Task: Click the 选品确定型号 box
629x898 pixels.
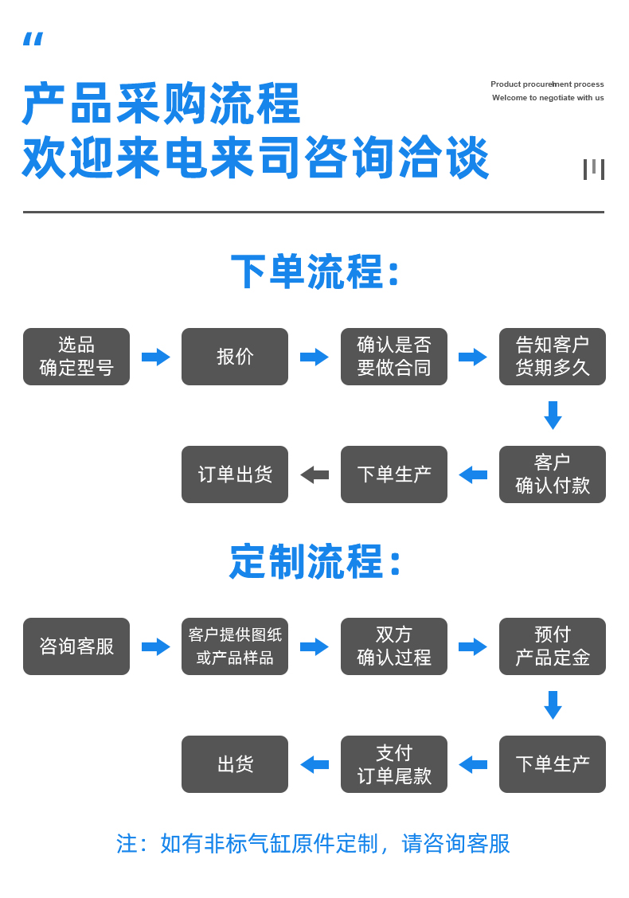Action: click(x=76, y=357)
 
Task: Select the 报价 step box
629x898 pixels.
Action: click(x=235, y=357)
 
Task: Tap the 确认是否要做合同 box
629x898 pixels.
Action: click(x=394, y=357)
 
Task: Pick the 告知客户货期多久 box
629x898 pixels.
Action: click(x=553, y=357)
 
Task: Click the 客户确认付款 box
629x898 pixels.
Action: click(x=553, y=474)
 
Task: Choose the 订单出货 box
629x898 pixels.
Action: click(x=235, y=474)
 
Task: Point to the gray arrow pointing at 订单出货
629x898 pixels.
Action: click(x=314, y=474)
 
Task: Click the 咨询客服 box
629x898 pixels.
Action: click(x=76, y=646)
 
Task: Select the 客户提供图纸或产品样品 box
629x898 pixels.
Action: click(x=235, y=646)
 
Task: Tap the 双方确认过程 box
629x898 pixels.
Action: click(x=394, y=646)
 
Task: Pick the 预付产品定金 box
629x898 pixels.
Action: click(x=553, y=646)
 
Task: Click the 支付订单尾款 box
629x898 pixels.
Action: click(x=394, y=764)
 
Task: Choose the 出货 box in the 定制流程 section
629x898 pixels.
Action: click(x=235, y=764)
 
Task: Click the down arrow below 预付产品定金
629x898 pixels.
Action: click(x=553, y=705)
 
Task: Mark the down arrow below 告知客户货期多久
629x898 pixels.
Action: click(x=553, y=416)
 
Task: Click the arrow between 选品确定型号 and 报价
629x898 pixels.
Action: click(x=156, y=357)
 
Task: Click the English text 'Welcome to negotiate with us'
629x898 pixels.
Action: click(x=548, y=98)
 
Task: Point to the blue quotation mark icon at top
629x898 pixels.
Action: click(x=33, y=40)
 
